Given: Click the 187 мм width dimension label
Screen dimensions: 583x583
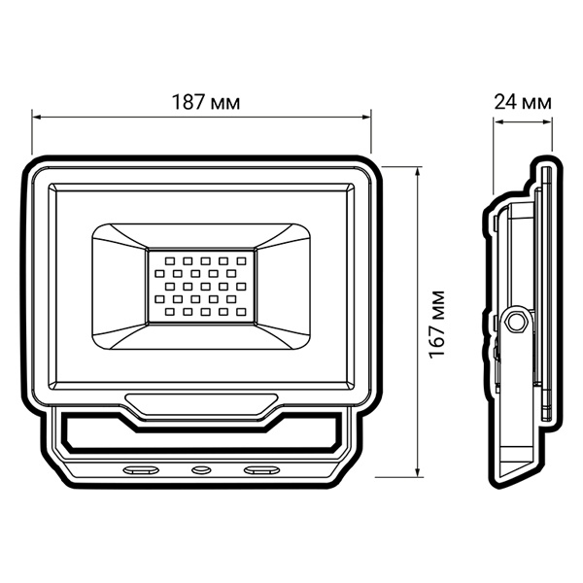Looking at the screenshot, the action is pos(206,102).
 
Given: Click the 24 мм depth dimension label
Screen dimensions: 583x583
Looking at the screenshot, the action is pos(523,102).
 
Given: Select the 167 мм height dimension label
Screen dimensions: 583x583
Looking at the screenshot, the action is pos(437,324).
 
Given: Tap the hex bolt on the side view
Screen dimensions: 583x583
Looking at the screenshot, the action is pos(515,322).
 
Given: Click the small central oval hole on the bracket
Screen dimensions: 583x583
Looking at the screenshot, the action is pos(201,470).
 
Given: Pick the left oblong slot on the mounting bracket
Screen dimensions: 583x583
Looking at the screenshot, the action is pos(141,470).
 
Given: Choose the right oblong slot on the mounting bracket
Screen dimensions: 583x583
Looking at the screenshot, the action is pos(261,470).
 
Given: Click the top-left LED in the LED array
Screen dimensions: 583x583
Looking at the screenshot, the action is pos(169,261).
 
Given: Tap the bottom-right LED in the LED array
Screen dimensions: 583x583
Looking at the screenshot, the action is pos(242,312).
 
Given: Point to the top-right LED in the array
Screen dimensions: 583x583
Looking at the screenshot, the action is pos(242,261).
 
